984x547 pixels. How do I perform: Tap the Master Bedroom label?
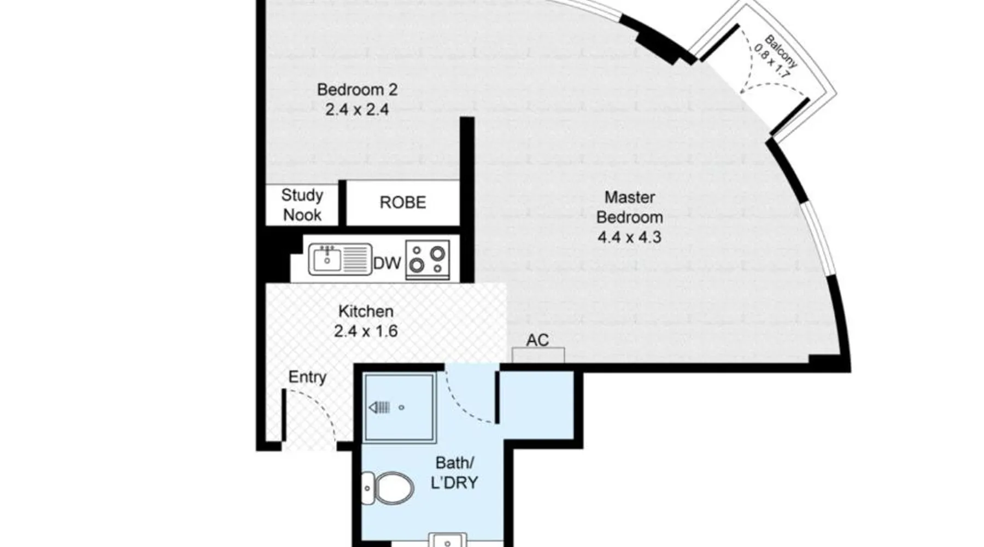(x=629, y=207)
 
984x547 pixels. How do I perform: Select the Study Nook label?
(x=302, y=205)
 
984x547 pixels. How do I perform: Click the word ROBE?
(x=403, y=202)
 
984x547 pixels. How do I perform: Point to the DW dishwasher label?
(x=387, y=264)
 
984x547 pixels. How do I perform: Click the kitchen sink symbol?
(x=340, y=259)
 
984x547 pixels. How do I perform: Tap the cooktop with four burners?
(x=427, y=260)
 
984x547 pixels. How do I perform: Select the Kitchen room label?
(x=366, y=311)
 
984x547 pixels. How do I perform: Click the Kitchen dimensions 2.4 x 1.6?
(x=366, y=331)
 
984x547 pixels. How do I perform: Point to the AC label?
(x=537, y=340)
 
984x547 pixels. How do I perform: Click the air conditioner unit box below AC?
(x=538, y=356)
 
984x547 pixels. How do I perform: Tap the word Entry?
(x=307, y=377)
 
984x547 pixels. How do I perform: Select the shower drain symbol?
(x=380, y=408)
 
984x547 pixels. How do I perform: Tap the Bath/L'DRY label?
(x=454, y=473)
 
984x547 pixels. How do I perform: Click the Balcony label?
(x=777, y=56)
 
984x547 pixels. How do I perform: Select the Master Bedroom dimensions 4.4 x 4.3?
(x=629, y=237)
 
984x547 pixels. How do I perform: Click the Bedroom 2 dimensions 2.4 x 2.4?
(x=357, y=109)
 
